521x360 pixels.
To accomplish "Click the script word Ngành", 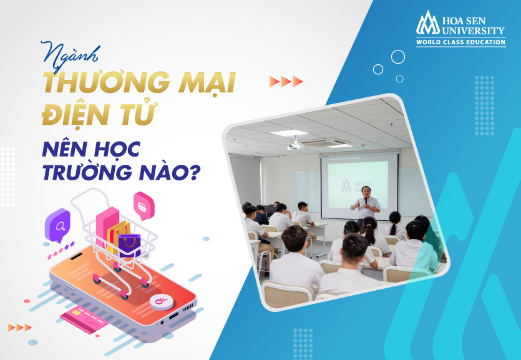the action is (x=71, y=56).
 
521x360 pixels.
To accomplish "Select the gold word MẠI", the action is (x=207, y=83).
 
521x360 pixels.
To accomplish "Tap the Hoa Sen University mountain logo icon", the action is (x=428, y=23).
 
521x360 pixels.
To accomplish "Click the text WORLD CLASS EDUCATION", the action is (x=461, y=42).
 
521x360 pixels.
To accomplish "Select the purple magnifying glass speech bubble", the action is (x=57, y=225).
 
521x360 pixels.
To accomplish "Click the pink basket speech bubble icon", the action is (x=144, y=206).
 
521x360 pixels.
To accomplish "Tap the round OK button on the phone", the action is (x=161, y=301).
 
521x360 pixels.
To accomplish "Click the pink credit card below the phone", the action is (x=84, y=319).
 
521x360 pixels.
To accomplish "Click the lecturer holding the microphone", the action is (x=365, y=205).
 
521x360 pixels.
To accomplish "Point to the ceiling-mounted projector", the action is (x=294, y=144).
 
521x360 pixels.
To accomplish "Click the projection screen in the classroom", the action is (x=359, y=186).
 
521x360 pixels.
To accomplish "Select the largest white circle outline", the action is (x=397, y=57).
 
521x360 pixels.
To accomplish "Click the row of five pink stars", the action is (x=61, y=251).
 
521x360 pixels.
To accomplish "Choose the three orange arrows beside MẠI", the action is (x=286, y=81).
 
